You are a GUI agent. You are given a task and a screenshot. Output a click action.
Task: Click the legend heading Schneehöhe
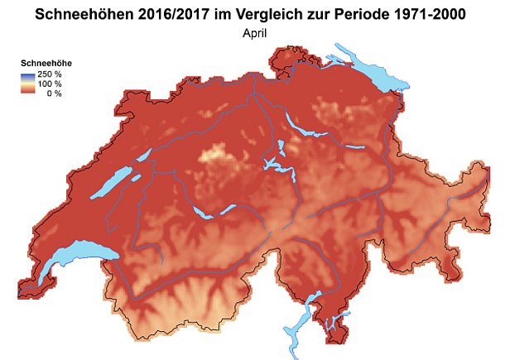coord(43,62)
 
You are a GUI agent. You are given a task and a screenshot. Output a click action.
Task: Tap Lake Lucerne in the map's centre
coord(279,166)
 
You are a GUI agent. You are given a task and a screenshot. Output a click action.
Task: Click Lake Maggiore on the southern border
coord(299,327)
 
